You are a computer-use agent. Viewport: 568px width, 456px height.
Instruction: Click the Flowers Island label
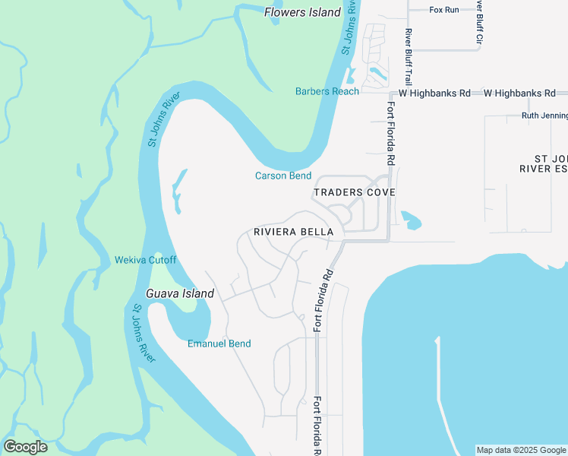302,12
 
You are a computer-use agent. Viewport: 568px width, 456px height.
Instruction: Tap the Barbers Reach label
327,92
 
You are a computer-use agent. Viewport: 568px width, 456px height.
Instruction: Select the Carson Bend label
283,176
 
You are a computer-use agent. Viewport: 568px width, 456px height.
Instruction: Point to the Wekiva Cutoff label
145,260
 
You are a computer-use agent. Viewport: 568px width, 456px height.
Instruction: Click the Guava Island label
180,293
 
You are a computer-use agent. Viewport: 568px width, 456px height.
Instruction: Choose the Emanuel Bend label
219,344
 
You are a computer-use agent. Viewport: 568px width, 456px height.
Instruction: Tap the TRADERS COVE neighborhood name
355,192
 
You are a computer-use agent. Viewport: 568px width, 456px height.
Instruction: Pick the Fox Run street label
445,10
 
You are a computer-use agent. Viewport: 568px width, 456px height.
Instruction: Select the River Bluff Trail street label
409,56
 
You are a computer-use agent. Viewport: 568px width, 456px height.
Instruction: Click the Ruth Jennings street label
544,116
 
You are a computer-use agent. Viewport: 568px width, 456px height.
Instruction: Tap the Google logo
25,447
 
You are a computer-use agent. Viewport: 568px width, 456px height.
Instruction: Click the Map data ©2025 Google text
521,450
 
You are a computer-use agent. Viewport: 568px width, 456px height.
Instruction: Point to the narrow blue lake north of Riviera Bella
178,190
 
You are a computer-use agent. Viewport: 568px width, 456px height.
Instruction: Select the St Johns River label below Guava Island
143,334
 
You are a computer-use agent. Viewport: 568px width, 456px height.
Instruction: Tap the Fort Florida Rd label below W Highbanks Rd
391,134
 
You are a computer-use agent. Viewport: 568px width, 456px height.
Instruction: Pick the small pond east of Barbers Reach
376,74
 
